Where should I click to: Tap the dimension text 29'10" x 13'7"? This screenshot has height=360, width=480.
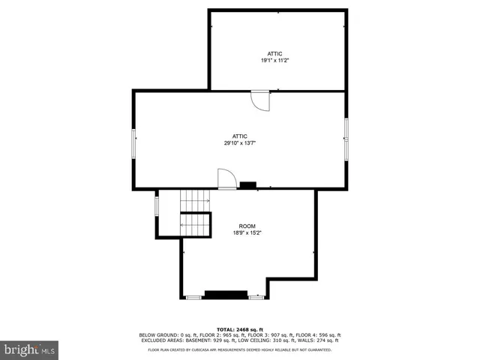[240, 142]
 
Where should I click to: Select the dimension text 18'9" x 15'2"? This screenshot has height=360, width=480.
[247, 233]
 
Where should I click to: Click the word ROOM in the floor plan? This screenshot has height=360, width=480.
[247, 226]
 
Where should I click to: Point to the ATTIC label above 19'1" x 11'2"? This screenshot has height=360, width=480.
[275, 53]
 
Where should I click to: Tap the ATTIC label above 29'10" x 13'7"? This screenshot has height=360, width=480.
[240, 136]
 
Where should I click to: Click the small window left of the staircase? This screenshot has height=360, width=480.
[157, 203]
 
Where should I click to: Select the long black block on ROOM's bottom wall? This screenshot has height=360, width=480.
[226, 294]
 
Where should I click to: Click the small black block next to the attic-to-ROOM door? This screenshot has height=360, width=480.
[247, 185]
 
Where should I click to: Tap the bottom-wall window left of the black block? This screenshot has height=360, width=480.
[193, 298]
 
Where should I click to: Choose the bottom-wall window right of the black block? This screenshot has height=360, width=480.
[256, 298]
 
